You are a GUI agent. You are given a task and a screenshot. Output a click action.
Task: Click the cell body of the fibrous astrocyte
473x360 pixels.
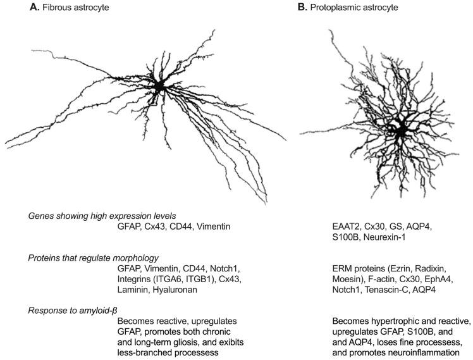click(x=159, y=85)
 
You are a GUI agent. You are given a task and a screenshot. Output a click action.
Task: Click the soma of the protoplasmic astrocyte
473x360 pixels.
click(x=400, y=132)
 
